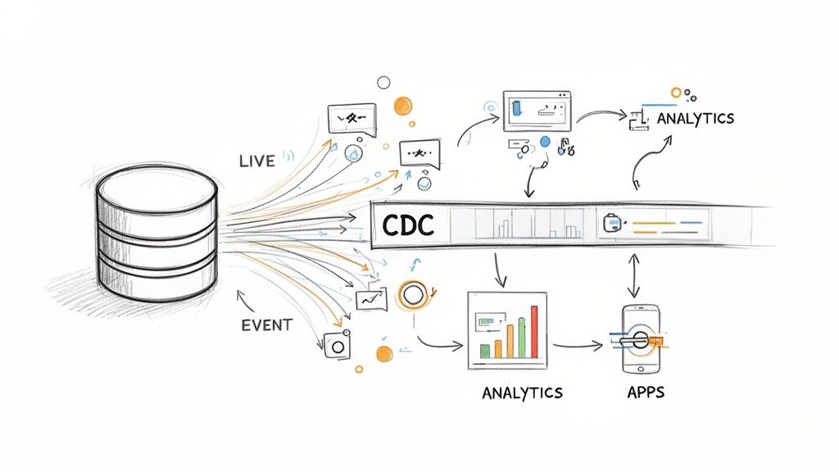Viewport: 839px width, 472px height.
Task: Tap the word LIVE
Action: tap(257, 161)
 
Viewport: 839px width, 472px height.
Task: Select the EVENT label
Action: tap(266, 324)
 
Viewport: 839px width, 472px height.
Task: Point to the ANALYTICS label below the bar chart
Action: tap(522, 393)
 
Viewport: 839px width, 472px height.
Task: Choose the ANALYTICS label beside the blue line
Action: tap(695, 119)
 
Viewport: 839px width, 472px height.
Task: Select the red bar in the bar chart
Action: tap(535, 331)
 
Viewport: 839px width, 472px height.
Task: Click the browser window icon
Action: tap(537, 111)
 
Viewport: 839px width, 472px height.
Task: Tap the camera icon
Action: tap(337, 345)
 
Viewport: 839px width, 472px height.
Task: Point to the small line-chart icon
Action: tap(370, 300)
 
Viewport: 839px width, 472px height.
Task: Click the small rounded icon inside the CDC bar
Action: tap(612, 222)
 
